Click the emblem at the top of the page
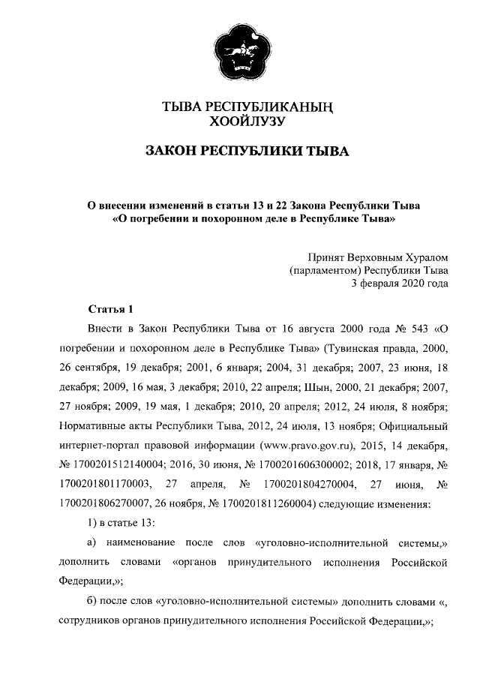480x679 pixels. [239, 53]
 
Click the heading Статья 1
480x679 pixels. [110, 309]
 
